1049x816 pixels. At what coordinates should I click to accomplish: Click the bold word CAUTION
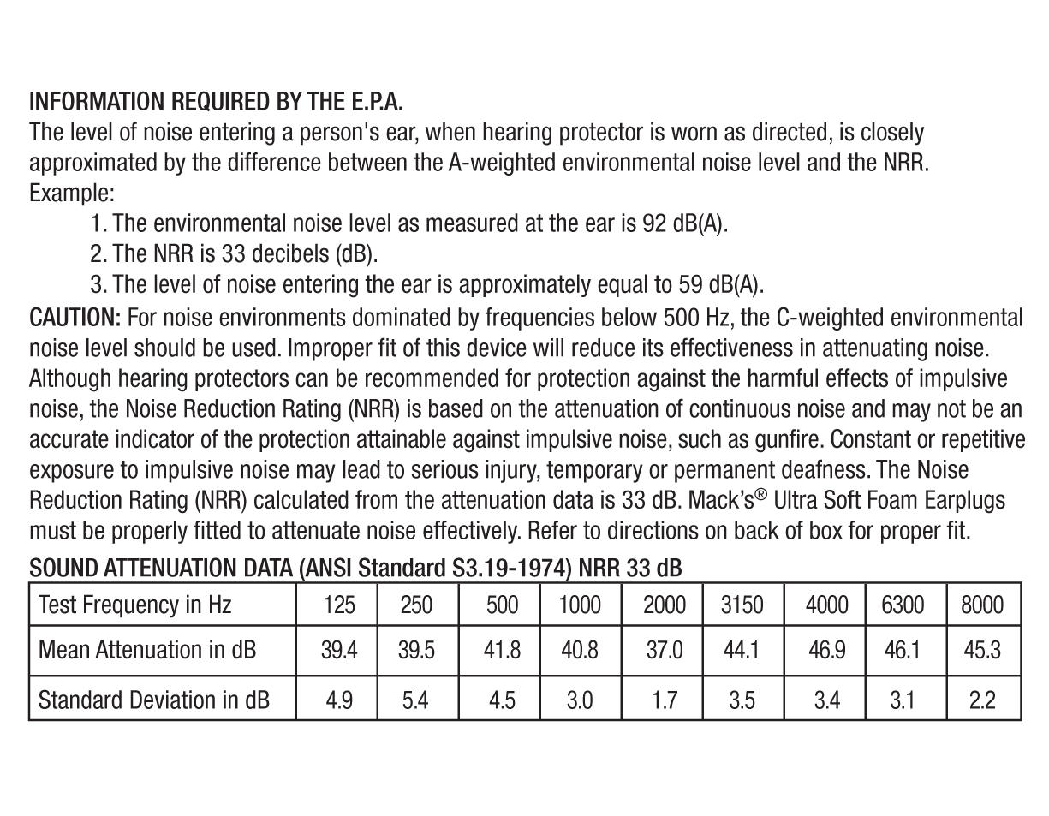[x=75, y=319]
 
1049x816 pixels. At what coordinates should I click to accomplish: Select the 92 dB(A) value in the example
[x=683, y=223]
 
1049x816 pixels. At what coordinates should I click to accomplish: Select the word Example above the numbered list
[x=72, y=193]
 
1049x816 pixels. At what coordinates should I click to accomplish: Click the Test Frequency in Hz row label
[x=135, y=605]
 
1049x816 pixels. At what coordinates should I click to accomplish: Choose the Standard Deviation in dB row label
[x=154, y=700]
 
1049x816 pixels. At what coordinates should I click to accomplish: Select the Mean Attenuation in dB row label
[x=147, y=650]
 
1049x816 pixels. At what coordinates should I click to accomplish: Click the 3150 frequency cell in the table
[x=742, y=605]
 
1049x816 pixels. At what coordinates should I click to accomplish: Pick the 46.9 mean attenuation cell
[x=826, y=650]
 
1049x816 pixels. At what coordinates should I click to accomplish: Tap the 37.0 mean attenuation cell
[x=664, y=650]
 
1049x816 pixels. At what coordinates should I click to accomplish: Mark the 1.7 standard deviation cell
[x=664, y=700]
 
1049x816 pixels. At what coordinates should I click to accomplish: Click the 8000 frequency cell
[x=981, y=605]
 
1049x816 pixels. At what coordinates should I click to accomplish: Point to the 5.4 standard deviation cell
[x=416, y=700]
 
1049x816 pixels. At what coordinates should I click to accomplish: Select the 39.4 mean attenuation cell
[x=338, y=650]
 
